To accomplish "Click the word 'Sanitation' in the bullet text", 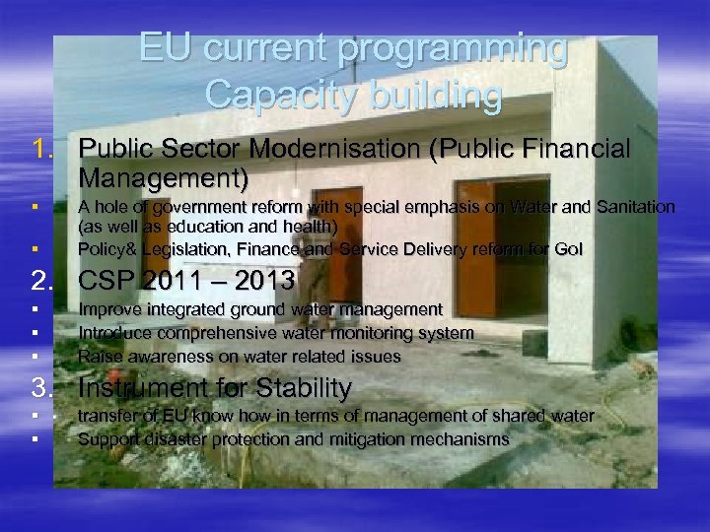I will (x=628, y=207).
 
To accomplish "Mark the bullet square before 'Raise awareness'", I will (x=35, y=356).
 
